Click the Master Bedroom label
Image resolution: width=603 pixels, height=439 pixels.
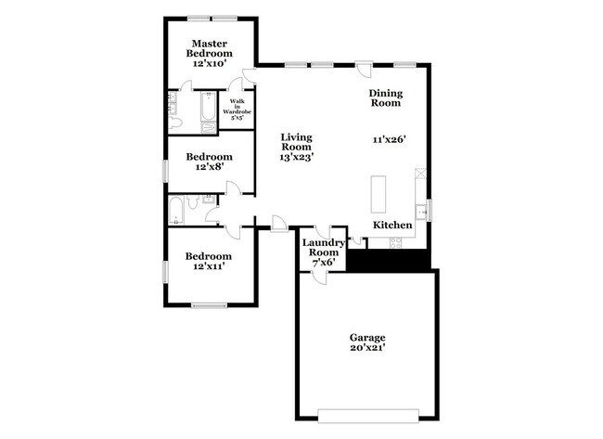click(x=211, y=48)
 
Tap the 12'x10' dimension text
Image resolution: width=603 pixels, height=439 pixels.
click(x=211, y=64)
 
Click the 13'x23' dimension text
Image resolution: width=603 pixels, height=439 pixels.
click(x=296, y=158)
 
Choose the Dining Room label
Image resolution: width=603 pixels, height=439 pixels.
click(x=385, y=98)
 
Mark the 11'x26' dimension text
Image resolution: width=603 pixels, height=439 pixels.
click(x=391, y=139)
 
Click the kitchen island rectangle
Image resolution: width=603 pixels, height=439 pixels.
click(x=379, y=193)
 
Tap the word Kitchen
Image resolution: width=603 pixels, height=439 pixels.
click(x=393, y=226)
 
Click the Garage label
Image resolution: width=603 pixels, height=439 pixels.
click(x=367, y=337)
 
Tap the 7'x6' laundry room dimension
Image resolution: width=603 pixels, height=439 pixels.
click(x=323, y=263)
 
